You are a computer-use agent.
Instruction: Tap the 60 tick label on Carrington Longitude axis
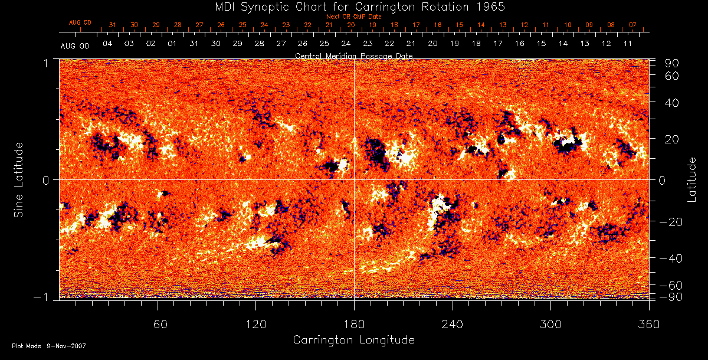coord(160,324)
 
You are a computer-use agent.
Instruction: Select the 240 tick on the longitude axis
coord(453,324)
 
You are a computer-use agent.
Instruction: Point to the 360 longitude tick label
coord(649,324)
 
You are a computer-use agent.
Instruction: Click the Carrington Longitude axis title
coord(353,340)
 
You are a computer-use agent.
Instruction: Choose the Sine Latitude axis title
coord(19,179)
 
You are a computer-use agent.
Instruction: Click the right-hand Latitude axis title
coord(692,179)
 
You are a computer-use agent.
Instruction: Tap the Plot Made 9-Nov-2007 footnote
coord(49,346)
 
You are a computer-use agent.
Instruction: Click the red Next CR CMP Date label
coord(353,17)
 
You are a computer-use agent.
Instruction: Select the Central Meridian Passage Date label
coord(353,55)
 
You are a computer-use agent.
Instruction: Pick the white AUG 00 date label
coord(74,45)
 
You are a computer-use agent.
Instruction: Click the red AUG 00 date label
coord(80,22)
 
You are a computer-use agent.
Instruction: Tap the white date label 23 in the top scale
coord(368,44)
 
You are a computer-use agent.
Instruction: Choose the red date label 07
coord(632,25)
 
